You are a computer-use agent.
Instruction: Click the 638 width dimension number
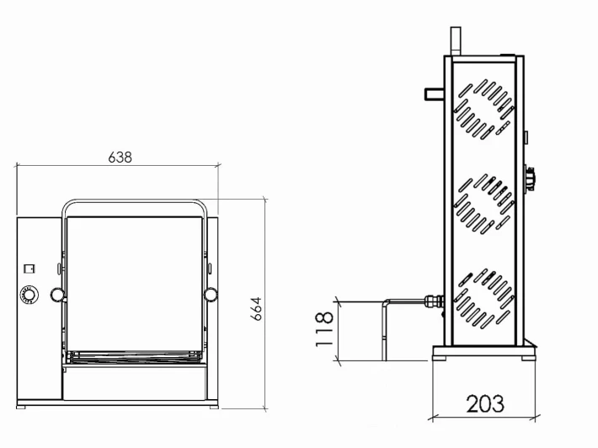click(x=120, y=157)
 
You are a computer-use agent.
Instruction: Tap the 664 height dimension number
click(x=256, y=309)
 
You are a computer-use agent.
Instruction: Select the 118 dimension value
click(x=324, y=329)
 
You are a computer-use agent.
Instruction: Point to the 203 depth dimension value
click(x=485, y=403)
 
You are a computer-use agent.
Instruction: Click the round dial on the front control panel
click(x=29, y=295)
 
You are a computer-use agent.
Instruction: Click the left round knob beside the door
click(x=57, y=295)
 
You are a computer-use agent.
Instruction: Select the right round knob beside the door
click(x=211, y=295)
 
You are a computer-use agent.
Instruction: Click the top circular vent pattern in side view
click(x=484, y=109)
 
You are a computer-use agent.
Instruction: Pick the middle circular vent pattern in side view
click(x=484, y=204)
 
